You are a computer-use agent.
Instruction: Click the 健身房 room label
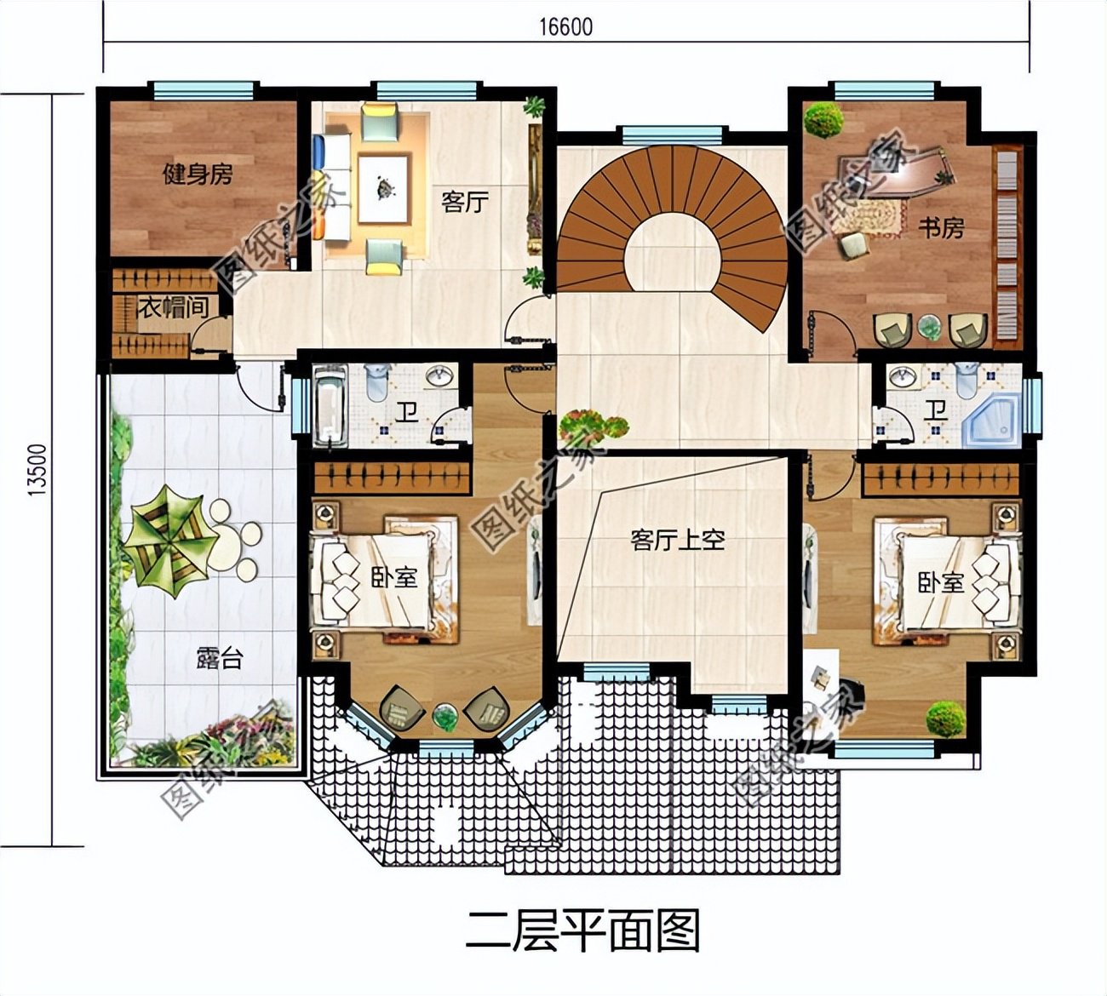click(x=198, y=175)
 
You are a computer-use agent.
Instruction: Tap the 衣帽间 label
click(x=173, y=307)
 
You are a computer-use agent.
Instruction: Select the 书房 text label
click(x=941, y=228)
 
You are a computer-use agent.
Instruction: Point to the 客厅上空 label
click(x=678, y=541)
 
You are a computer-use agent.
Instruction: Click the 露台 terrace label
click(x=219, y=658)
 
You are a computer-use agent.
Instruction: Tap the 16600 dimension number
click(x=565, y=27)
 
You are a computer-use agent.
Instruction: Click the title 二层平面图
click(x=583, y=930)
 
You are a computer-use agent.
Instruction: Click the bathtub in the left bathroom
click(x=330, y=404)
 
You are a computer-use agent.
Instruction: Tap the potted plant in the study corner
click(x=823, y=120)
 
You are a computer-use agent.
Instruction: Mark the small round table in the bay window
click(x=445, y=716)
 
